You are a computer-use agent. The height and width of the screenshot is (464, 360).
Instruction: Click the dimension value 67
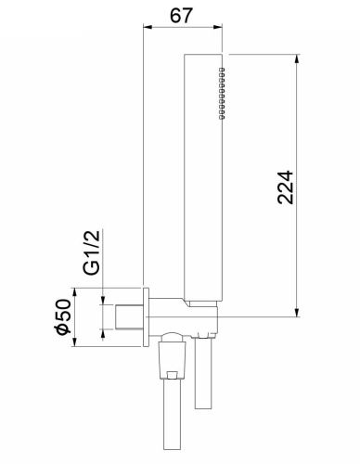click(181, 15)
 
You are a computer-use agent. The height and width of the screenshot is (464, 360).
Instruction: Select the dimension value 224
click(285, 187)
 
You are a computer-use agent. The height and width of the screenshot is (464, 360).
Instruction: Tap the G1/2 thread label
click(92, 252)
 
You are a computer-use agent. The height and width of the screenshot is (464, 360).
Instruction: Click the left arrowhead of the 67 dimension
click(148, 27)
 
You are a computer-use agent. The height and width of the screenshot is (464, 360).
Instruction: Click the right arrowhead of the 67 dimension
click(218, 27)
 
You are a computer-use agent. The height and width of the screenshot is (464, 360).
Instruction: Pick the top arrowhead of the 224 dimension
click(297, 59)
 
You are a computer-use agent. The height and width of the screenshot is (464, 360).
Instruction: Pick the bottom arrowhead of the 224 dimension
click(297, 312)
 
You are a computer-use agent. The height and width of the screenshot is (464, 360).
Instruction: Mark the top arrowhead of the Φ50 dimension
click(74, 292)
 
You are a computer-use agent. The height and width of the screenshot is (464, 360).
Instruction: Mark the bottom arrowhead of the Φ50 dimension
click(74, 342)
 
